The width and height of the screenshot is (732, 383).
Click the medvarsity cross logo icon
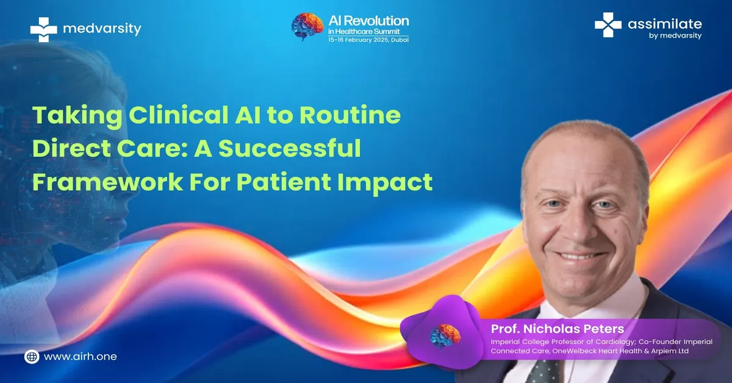pos(43,29)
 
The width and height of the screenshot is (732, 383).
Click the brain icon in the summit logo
pos(307,27)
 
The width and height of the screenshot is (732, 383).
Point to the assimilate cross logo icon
pos(608,26)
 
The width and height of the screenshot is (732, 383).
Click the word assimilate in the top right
pos(664,24)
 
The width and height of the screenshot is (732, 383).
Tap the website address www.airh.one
pos(81,357)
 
